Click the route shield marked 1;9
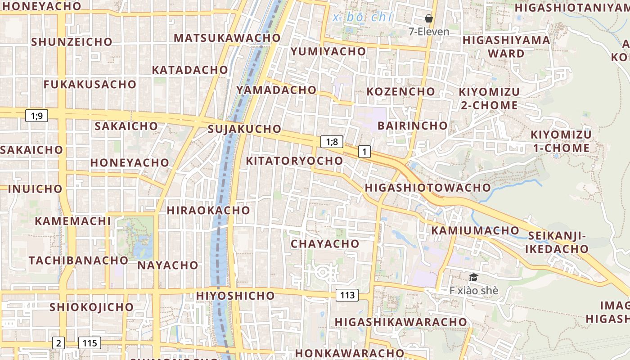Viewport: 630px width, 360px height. click(36, 116)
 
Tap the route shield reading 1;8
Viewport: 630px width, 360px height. click(332, 142)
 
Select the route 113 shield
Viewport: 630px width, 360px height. click(347, 295)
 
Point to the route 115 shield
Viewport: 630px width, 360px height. click(90, 343)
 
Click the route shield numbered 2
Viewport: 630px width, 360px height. click(58, 343)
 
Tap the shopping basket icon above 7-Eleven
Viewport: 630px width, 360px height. click(429, 18)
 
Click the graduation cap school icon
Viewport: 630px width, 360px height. click(473, 277)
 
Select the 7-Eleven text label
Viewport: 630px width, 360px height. click(429, 31)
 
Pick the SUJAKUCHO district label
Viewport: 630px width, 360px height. click(244, 129)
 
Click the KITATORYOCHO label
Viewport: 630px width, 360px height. click(294, 161)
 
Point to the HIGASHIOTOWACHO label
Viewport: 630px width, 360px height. click(427, 188)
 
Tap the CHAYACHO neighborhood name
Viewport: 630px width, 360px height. click(325, 244)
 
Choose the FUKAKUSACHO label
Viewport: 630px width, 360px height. click(90, 84)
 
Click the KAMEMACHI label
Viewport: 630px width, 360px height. click(72, 221)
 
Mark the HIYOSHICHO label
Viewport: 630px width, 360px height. click(235, 296)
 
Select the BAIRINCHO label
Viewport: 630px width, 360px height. click(413, 126)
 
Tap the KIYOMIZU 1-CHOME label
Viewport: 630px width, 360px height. click(561, 141)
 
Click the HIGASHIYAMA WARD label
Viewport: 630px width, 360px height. click(506, 47)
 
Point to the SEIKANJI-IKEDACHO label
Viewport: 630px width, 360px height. click(558, 242)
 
